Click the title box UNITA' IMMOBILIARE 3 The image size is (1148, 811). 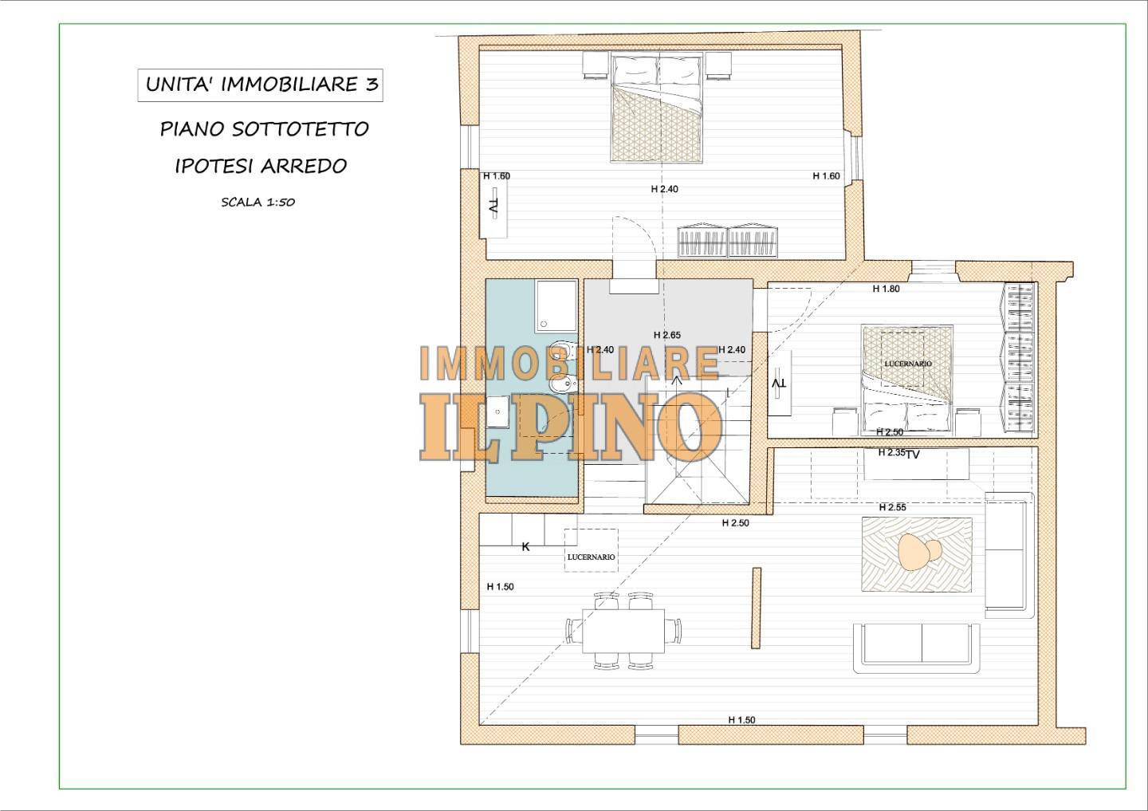260,85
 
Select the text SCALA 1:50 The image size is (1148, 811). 258,203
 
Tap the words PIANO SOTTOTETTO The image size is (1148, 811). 264,129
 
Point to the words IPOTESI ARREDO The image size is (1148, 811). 261,166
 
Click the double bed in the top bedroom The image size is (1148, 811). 657,108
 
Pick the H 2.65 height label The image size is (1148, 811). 666,335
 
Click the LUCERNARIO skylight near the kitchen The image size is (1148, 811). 591,551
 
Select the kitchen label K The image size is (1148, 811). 525,547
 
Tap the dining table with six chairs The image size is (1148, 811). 623,630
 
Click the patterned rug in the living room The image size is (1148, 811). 916,554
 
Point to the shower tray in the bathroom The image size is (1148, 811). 556,305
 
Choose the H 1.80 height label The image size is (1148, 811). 886,289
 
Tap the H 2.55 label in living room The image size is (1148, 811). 892,507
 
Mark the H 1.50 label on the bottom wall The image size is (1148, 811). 741,720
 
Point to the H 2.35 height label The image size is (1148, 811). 890,453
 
